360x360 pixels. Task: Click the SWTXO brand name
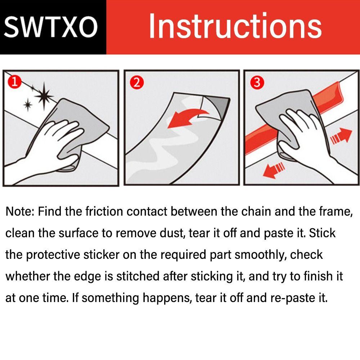click(51, 27)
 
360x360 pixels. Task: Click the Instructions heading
click(235, 26)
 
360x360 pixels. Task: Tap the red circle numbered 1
click(14, 82)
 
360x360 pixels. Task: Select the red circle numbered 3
click(257, 82)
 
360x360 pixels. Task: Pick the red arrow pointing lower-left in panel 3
click(274, 170)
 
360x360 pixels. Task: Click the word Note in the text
click(20, 211)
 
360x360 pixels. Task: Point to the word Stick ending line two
click(322, 233)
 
